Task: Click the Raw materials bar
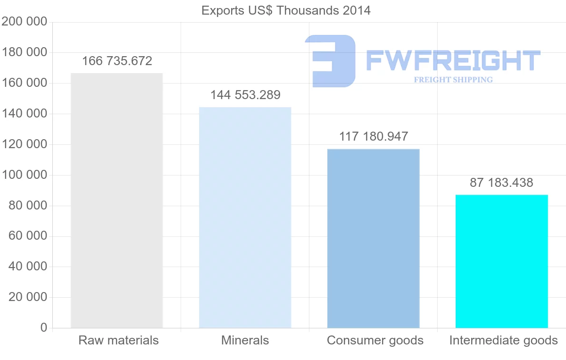coord(117,201)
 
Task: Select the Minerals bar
coord(245,218)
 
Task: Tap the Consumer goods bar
coord(373,238)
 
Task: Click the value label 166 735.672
coord(117,61)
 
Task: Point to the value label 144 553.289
coord(245,95)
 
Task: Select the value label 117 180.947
coord(374,137)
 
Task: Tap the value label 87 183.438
coord(501,183)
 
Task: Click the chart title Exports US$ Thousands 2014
coord(286,10)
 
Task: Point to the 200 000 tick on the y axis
coord(25,22)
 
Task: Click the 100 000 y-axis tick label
coord(25,175)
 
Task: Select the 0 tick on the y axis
coord(43,328)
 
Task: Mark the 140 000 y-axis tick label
coord(25,114)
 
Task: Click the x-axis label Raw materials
coord(118,340)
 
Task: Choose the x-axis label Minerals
coord(245,340)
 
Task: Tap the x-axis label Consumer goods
coord(375,340)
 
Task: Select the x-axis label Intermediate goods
coord(503,340)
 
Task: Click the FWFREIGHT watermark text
coord(453,60)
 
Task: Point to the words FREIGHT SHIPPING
coord(453,80)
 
